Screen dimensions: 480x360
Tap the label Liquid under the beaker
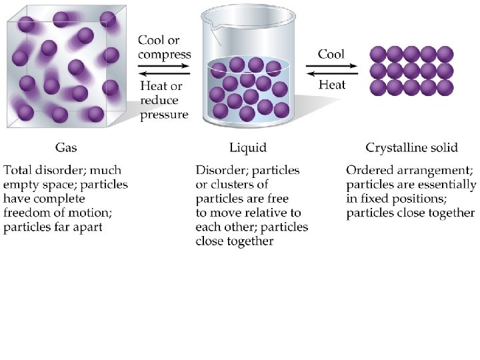click(247, 147)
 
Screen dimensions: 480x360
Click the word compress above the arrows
click(165, 55)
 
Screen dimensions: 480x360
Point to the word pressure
click(164, 115)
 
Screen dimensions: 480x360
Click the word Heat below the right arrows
click(331, 85)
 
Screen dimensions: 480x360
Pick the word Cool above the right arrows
click(331, 54)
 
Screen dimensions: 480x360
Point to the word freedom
click(31, 213)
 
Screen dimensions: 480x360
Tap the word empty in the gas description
click(22, 185)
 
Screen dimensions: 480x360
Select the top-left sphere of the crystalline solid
click(378, 53)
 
